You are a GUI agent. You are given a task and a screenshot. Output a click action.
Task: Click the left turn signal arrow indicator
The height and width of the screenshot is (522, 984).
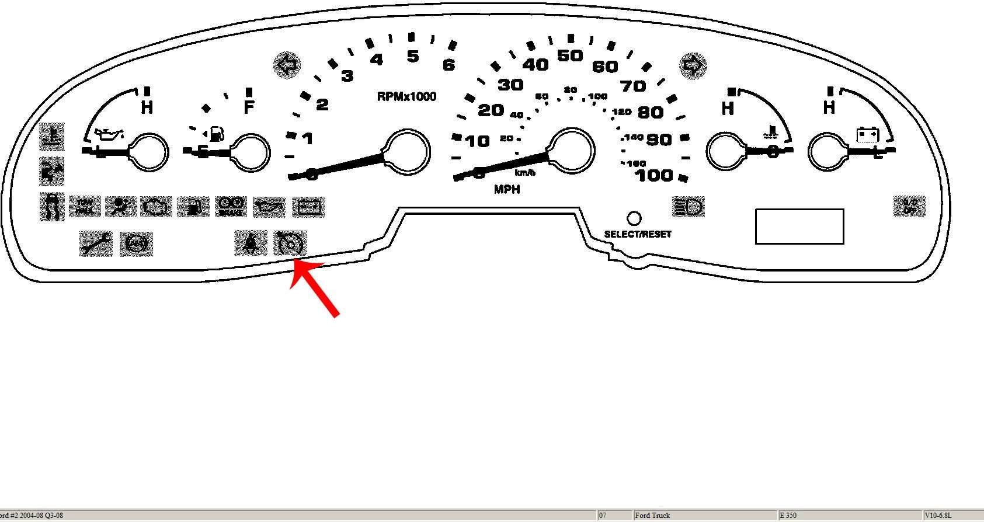(287, 65)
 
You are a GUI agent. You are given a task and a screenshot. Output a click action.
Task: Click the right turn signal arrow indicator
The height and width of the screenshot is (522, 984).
(693, 65)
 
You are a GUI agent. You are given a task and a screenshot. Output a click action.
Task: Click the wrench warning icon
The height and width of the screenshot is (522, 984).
(96, 243)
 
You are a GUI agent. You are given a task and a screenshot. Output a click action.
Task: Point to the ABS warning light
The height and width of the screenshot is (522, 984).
(136, 243)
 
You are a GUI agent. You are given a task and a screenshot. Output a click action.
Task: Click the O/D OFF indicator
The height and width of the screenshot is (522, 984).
(909, 206)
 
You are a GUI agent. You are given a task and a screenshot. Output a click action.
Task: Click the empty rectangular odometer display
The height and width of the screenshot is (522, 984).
(799, 226)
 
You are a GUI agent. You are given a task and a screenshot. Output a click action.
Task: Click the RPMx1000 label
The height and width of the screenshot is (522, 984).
(406, 97)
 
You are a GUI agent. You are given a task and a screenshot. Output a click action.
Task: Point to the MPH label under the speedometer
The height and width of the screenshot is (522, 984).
(507, 189)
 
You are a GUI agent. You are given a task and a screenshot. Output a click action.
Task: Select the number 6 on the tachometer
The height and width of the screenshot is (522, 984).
(448, 65)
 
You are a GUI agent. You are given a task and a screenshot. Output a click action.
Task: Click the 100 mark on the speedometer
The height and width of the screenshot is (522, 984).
(654, 175)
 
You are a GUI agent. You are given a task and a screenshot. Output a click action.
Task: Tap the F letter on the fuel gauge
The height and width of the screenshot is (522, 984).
(249, 108)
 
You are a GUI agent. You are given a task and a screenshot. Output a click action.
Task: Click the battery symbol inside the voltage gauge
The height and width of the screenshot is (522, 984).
(867, 135)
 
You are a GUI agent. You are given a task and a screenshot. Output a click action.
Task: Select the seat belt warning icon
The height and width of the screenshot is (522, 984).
(250, 243)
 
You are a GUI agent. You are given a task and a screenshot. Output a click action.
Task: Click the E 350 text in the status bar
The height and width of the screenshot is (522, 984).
(788, 516)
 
